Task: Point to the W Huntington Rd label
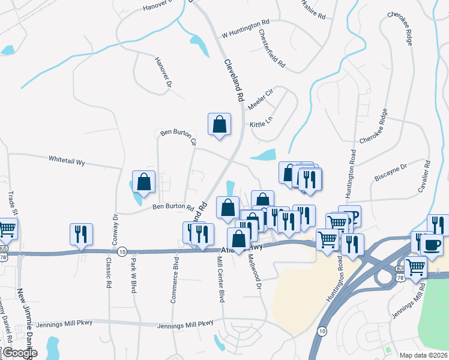[246, 29]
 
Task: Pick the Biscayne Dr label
[391, 172]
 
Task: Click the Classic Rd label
[109, 273]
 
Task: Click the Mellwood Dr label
[259, 274]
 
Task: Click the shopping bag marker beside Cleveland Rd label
[219, 124]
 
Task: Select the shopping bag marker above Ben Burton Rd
[144, 181]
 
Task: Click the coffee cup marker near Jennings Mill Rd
[432, 244]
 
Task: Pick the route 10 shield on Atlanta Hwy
[122, 251]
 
